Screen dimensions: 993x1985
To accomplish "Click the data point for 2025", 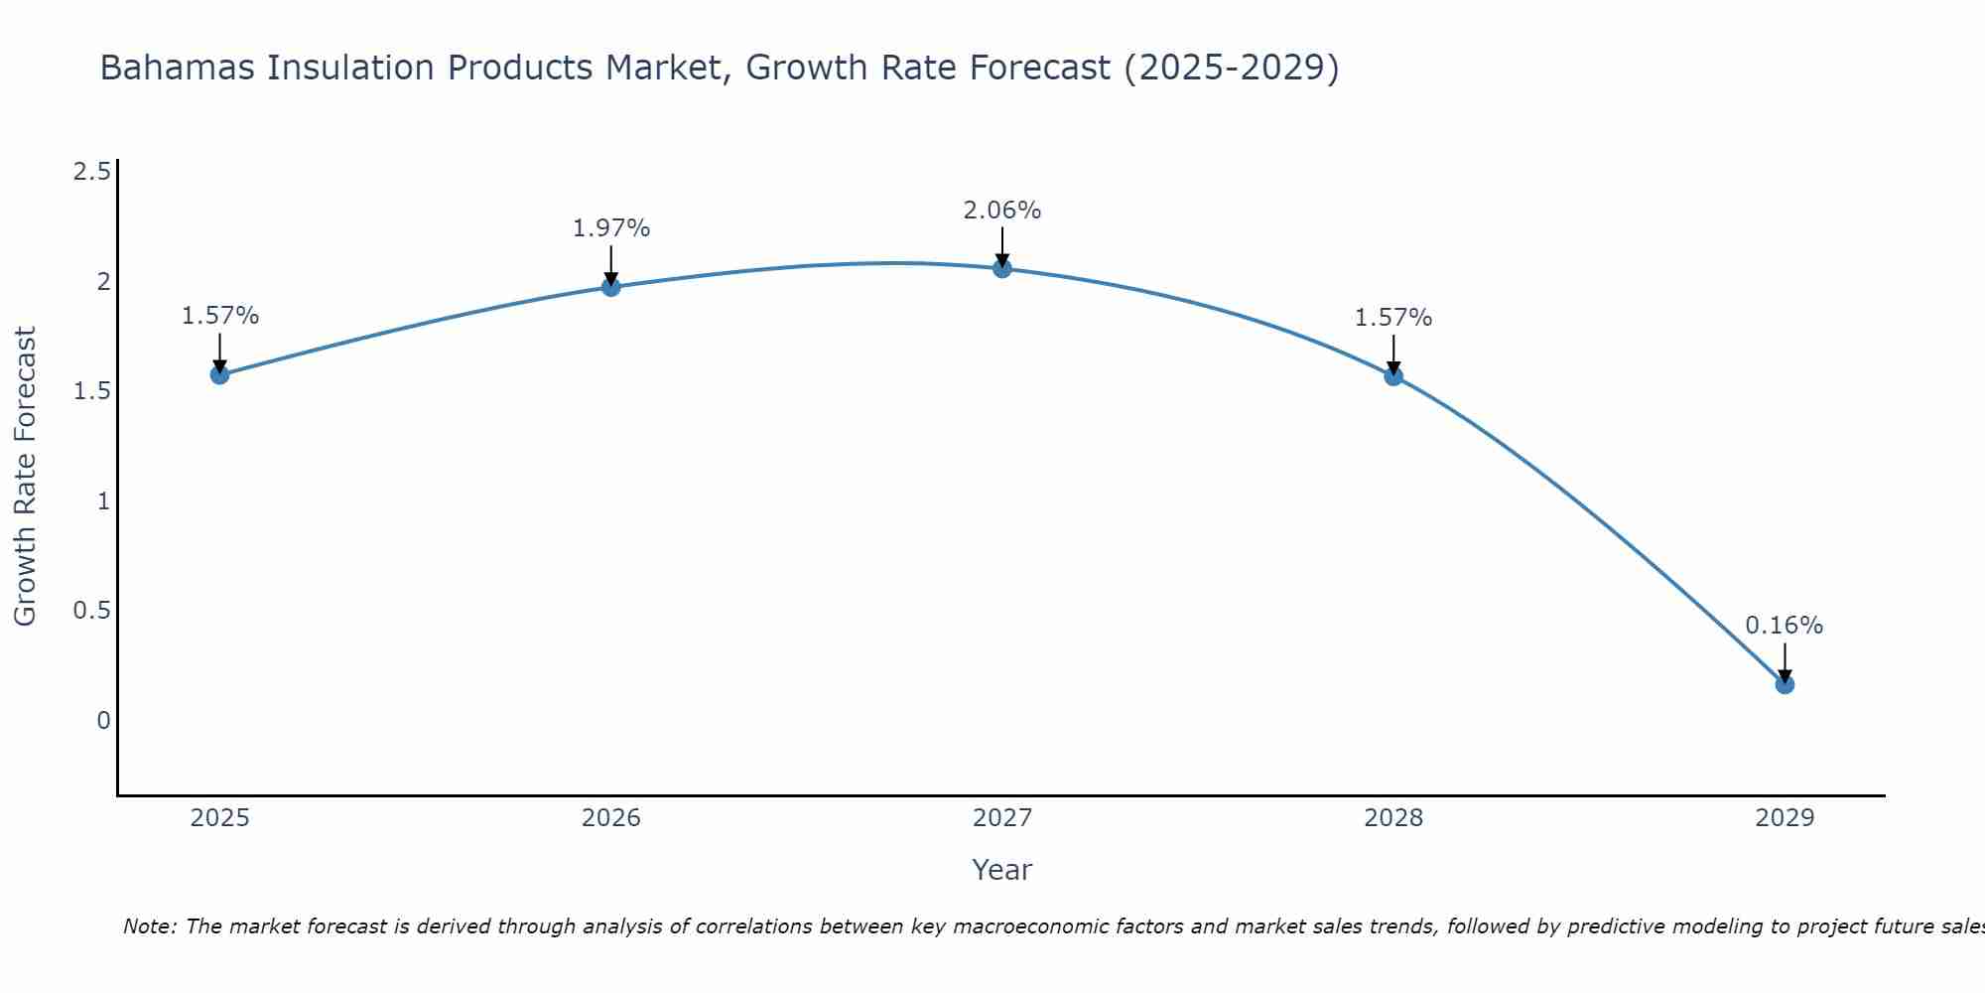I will click(219, 374).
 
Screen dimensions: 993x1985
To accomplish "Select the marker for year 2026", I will click(611, 287).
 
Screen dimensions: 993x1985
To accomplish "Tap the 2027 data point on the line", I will click(1002, 268).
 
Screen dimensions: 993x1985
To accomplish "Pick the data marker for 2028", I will click(1393, 375).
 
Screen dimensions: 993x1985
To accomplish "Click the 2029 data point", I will click(1785, 684).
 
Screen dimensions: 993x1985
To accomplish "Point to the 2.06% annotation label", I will click(1002, 211).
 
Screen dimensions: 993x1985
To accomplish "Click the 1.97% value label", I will click(611, 228).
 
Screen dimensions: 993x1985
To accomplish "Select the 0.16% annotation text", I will click(1785, 626).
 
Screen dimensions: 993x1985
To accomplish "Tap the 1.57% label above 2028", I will click(1393, 318).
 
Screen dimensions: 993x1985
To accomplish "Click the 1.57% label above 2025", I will click(219, 316).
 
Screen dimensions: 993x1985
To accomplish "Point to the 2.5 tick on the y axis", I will click(91, 173).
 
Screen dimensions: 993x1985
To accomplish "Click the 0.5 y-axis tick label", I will click(91, 611).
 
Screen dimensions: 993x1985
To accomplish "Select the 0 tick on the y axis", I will click(103, 720).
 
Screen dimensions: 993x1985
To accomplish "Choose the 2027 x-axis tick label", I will click(1002, 818).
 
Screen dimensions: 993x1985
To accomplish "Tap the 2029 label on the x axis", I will click(1785, 818).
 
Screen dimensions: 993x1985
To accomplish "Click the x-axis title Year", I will click(1002, 870).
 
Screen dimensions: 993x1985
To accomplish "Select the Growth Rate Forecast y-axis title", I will click(25, 477).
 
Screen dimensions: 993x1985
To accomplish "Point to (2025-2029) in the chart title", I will click(1231, 68).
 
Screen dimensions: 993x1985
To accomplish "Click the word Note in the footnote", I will click(149, 926).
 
